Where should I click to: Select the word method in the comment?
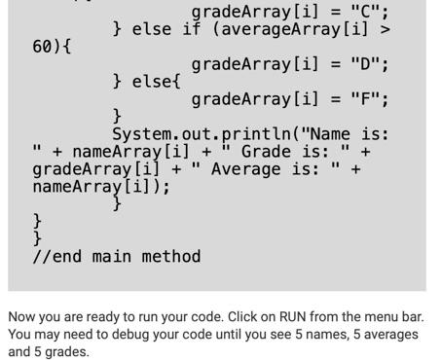click(171, 257)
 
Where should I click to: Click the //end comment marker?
click(57, 257)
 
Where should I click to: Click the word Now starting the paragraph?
click(22, 318)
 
